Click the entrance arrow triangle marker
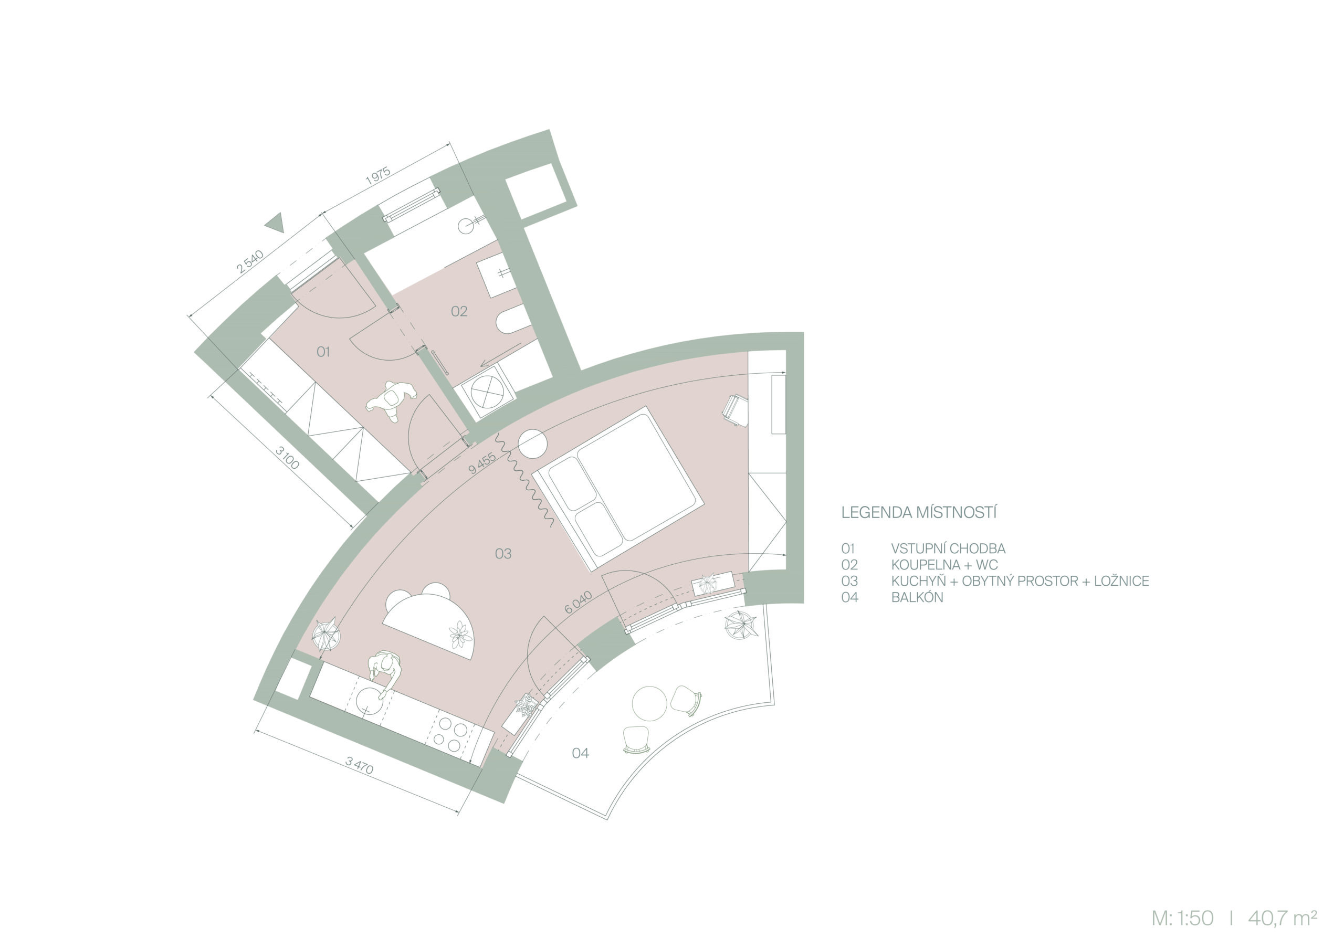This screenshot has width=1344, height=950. click(x=275, y=223)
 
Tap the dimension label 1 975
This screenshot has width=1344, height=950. click(x=378, y=176)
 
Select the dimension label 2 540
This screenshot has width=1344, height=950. click(x=250, y=262)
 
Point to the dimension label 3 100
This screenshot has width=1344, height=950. click(x=287, y=458)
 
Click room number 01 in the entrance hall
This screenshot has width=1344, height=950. click(x=323, y=352)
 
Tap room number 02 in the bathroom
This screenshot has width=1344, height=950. click(x=459, y=311)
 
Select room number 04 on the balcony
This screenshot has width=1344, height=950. click(x=580, y=753)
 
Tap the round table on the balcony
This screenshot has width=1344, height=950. click(x=649, y=703)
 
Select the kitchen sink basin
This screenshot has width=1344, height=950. click(x=371, y=701)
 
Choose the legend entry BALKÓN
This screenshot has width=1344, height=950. click(x=917, y=598)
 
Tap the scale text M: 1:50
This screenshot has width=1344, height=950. click(x=1182, y=918)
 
